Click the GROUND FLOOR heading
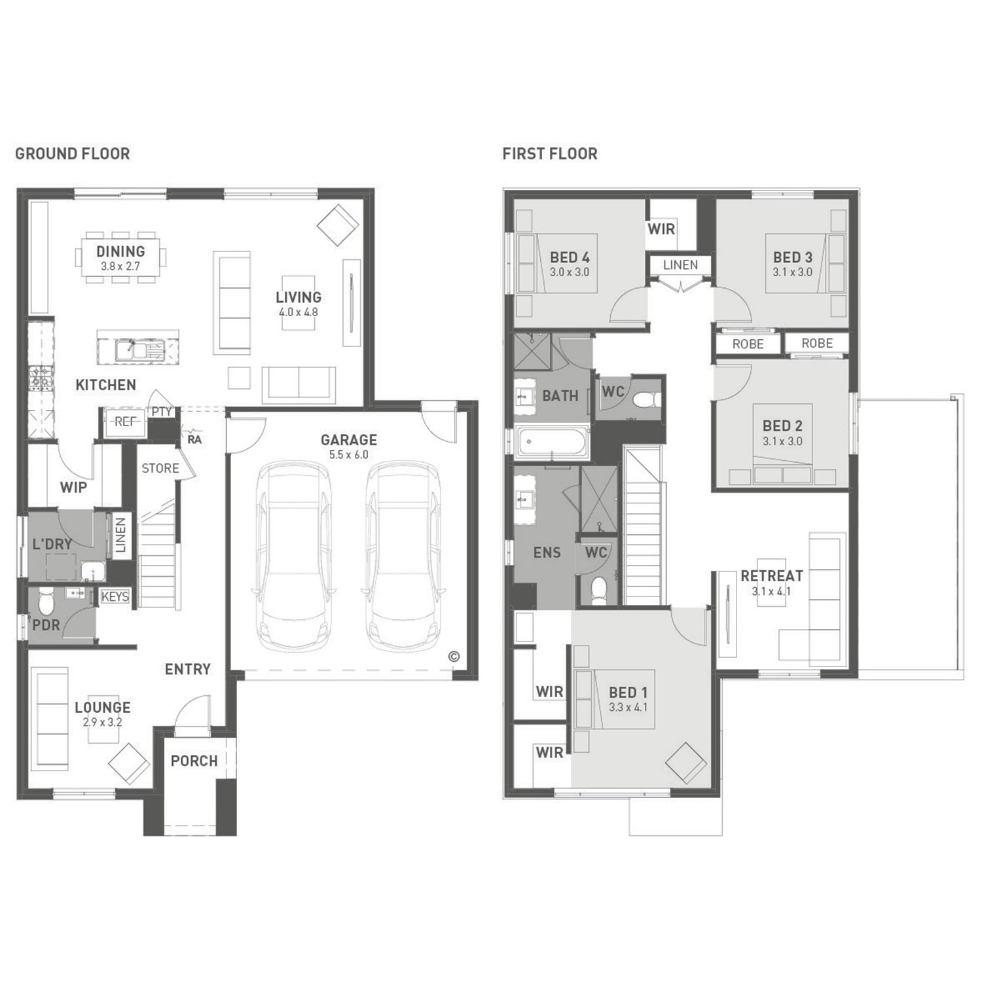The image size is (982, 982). (73, 154)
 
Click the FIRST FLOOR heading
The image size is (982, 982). (550, 154)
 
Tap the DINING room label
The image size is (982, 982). (120, 251)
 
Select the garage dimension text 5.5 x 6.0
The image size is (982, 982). (349, 455)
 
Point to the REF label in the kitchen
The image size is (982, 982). (124, 422)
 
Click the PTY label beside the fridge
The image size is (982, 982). (162, 412)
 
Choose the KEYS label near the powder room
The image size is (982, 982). (115, 597)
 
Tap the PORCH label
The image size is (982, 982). (194, 761)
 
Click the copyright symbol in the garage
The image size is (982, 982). (454, 657)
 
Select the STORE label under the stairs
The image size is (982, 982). (160, 468)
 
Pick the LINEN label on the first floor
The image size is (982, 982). (681, 265)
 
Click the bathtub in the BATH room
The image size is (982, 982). (553, 442)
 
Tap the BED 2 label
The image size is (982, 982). (782, 426)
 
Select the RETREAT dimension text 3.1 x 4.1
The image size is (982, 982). (772, 591)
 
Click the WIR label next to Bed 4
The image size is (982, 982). (661, 229)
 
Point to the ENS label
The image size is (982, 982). (547, 553)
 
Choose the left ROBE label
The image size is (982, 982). (748, 344)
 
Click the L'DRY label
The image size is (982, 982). (52, 543)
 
